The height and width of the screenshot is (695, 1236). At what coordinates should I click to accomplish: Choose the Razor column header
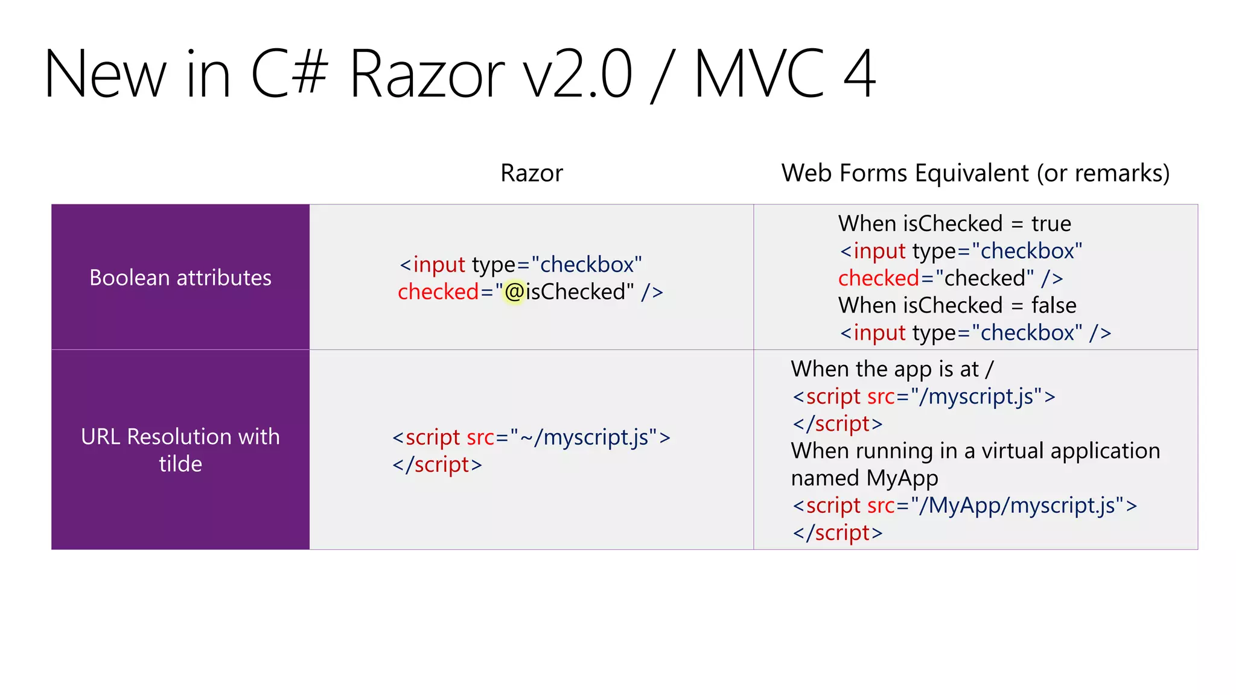532,173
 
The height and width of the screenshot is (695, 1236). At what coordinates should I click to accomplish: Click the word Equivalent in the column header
972,173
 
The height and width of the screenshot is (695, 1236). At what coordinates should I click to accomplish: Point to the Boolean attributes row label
180,278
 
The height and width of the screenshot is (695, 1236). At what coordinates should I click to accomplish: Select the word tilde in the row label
180,464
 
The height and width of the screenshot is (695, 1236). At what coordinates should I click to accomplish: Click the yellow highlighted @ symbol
514,293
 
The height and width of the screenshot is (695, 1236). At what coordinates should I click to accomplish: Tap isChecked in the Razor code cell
576,292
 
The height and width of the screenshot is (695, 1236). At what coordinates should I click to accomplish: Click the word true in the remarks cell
1051,224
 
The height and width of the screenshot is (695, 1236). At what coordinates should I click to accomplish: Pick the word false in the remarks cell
1053,305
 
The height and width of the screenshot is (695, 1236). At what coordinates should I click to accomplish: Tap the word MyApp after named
902,478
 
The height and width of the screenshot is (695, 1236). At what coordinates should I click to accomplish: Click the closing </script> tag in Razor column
437,465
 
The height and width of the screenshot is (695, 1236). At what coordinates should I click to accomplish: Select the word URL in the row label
101,437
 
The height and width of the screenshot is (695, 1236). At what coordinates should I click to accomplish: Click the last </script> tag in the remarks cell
838,533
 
